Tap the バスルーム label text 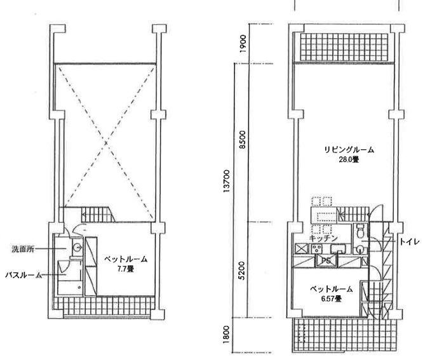click(x=24, y=274)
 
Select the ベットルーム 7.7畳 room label click(x=126, y=263)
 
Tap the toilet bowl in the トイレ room click(x=360, y=230)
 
